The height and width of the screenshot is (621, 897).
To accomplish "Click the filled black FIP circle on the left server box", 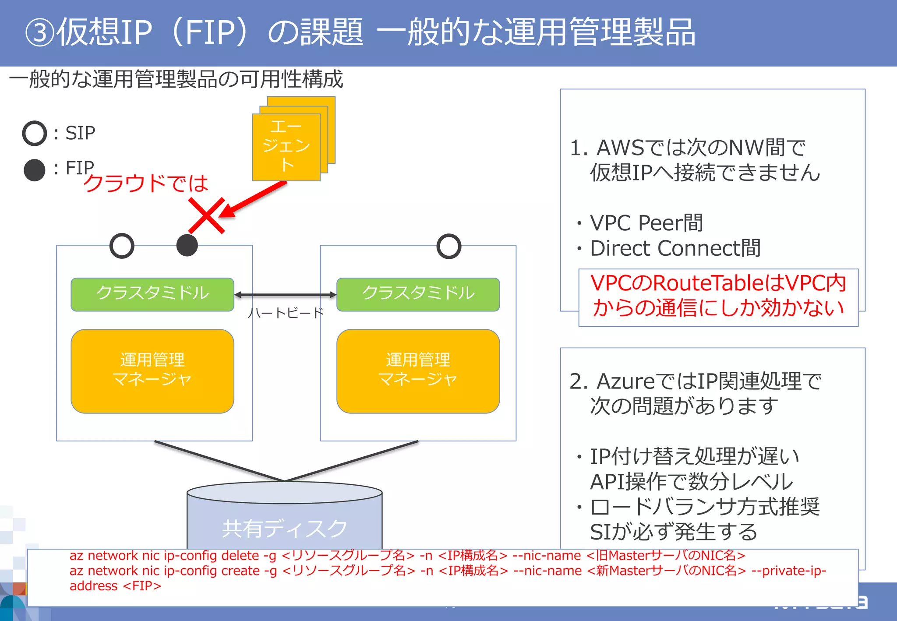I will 187,245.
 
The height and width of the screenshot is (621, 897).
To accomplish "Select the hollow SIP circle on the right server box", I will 449,246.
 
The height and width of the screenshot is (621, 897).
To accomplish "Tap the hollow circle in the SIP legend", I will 35,133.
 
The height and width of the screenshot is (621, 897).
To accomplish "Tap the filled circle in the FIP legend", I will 35,170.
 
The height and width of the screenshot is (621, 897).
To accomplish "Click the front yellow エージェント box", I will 286,147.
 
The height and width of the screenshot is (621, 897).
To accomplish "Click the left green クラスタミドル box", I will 152,294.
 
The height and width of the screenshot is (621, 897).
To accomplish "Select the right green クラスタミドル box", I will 418,294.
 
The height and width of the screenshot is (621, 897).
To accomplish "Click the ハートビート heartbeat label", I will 286,313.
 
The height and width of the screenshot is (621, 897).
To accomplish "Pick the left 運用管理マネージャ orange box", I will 152,370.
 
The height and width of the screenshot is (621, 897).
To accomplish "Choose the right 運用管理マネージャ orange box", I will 418,370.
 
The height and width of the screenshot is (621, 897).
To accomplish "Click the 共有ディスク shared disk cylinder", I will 285,521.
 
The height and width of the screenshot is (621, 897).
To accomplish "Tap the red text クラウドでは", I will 146,183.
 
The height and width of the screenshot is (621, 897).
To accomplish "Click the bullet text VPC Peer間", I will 646,223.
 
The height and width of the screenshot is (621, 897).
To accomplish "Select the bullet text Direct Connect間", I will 675,248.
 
